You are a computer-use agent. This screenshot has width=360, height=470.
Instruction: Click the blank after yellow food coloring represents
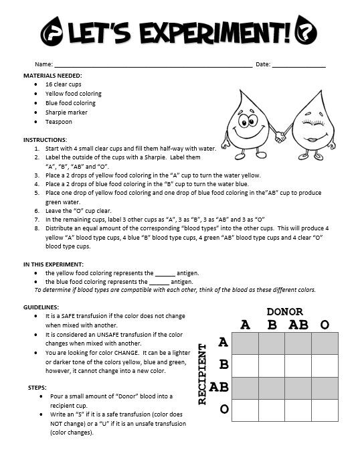165,273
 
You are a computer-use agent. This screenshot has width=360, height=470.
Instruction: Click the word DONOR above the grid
284,312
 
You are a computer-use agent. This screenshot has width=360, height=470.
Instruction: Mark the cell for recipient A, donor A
245,343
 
